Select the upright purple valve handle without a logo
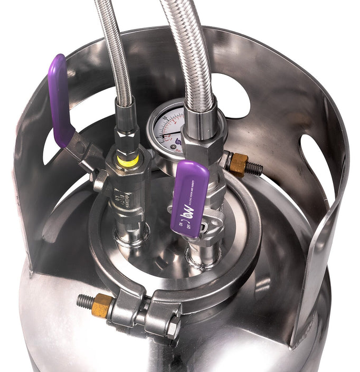[x=60, y=100]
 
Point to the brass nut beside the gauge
[x=238, y=164]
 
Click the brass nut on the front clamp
[x=101, y=305]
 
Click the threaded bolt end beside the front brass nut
[x=84, y=301]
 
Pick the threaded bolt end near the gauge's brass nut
[x=254, y=169]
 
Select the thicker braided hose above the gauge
[x=190, y=53]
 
